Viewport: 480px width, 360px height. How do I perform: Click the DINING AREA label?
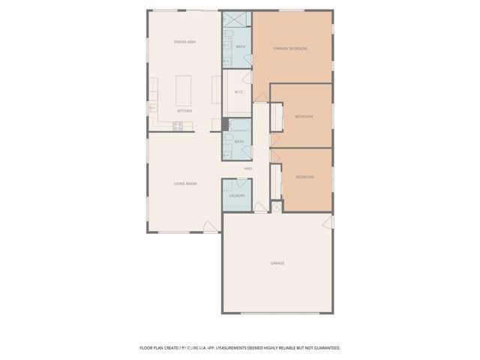(185, 42)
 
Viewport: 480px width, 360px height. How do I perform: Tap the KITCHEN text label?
(184, 111)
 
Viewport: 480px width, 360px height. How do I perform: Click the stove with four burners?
(178, 125)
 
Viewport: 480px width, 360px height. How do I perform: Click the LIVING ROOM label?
(185, 183)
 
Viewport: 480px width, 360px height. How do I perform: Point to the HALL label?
(248, 169)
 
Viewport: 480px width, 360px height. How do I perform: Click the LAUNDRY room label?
(237, 196)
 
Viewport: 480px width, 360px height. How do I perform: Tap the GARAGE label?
(277, 263)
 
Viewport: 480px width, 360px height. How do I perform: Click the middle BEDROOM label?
(304, 117)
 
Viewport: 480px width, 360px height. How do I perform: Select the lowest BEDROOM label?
(304, 177)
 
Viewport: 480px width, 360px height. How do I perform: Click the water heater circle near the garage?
(275, 207)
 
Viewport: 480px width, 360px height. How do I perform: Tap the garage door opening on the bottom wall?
(277, 313)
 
